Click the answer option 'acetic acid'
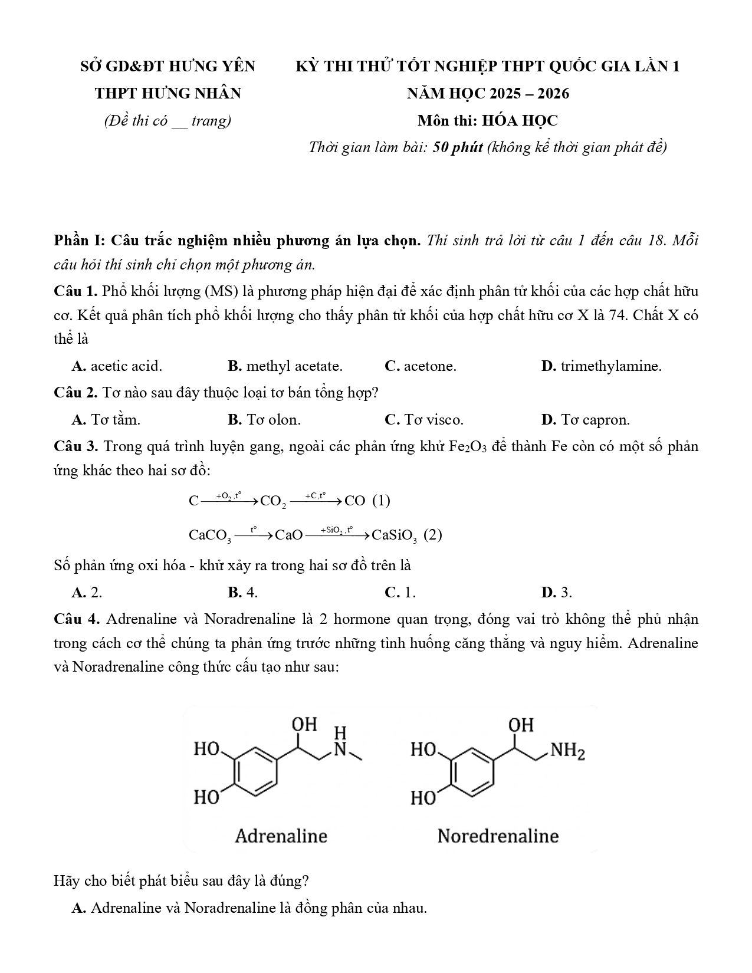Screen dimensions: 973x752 tap(126, 366)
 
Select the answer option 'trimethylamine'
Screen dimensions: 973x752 tap(610, 366)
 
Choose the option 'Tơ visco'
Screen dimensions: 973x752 tap(433, 420)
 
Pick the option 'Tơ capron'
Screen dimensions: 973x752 tap(595, 420)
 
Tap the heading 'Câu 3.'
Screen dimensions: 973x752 tap(76, 446)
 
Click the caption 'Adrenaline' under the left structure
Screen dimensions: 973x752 tap(281, 836)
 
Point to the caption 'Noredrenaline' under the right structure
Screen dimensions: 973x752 tap(498, 836)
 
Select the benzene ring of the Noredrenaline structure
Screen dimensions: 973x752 tap(472, 769)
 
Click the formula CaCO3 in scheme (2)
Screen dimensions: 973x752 tap(210, 535)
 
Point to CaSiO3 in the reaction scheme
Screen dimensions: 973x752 tap(395, 535)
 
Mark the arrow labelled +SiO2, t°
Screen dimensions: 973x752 tap(337, 535)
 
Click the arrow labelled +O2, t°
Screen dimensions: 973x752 tap(229, 501)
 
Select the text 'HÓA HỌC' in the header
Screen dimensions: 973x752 tap(520, 120)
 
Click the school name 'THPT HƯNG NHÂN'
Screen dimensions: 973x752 tap(168, 93)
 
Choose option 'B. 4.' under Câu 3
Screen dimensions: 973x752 tap(243, 592)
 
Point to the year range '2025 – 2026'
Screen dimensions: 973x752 tap(531, 93)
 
